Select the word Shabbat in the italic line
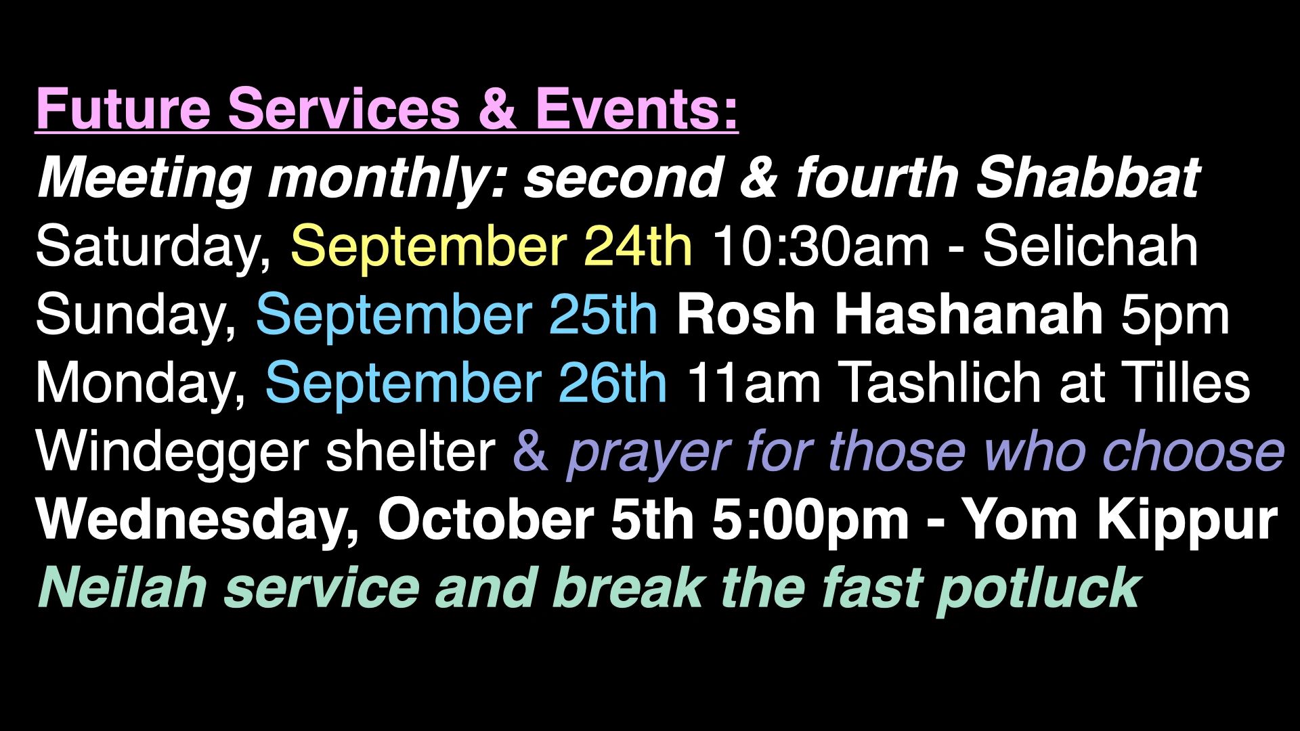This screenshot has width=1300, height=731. [x=1088, y=177]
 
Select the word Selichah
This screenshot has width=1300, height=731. [x=1091, y=246]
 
